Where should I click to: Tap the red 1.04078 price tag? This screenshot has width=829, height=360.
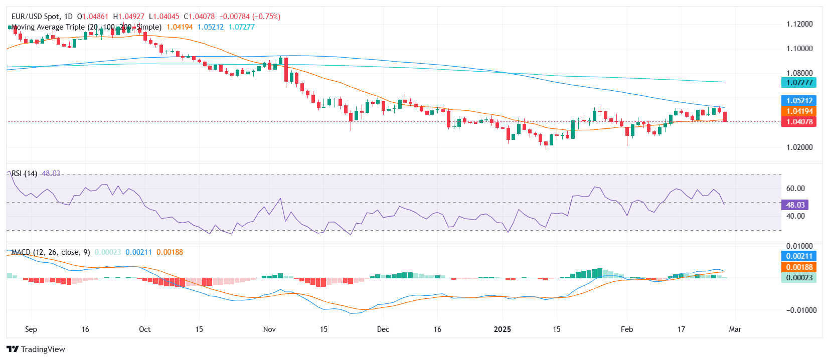coord(799,122)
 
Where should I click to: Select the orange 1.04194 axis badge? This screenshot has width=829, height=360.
coord(799,111)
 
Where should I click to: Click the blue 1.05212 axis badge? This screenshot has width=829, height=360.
coord(799,101)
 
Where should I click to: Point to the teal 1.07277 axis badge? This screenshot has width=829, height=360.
coord(799,83)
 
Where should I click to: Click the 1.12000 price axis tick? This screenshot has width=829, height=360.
coord(799,24)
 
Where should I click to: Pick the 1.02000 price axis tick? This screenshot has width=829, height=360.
coord(799,147)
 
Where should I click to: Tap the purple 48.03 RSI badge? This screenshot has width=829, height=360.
coord(795,205)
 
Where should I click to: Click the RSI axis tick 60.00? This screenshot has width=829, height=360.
coord(795,189)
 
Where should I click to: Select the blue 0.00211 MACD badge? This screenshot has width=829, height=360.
coord(799,256)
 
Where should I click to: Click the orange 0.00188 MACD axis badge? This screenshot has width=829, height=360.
coord(799,267)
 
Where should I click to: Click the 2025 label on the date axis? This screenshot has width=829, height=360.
coord(502,329)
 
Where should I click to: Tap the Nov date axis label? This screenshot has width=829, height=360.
coord(269,329)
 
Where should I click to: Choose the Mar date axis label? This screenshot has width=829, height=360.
coord(735,329)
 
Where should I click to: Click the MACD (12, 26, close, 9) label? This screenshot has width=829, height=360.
coord(51,252)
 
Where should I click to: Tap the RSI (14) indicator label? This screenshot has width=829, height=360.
coord(25,173)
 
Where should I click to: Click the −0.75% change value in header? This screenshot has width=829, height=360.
coord(267,17)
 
